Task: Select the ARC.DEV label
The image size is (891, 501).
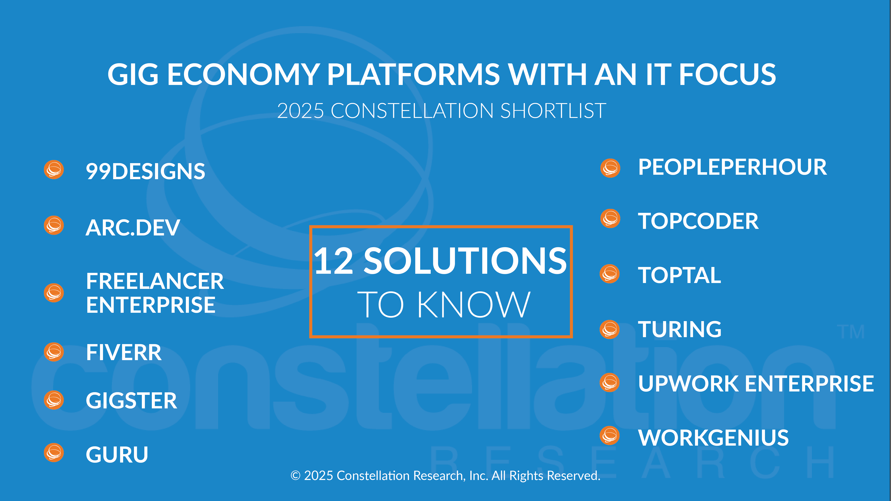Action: pyautogui.click(x=133, y=227)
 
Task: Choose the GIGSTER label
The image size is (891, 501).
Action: pyautogui.click(x=132, y=401)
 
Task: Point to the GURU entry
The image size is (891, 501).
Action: pyautogui.click(x=117, y=455)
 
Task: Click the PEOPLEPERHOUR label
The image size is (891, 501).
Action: pyautogui.click(x=732, y=167)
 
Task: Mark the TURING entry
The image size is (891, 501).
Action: pyautogui.click(x=680, y=329)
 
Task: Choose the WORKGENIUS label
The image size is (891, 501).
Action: pyautogui.click(x=713, y=438)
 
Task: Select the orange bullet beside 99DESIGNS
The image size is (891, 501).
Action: pyautogui.click(x=54, y=170)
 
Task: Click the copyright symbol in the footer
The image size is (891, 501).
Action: pyautogui.click(x=295, y=476)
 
